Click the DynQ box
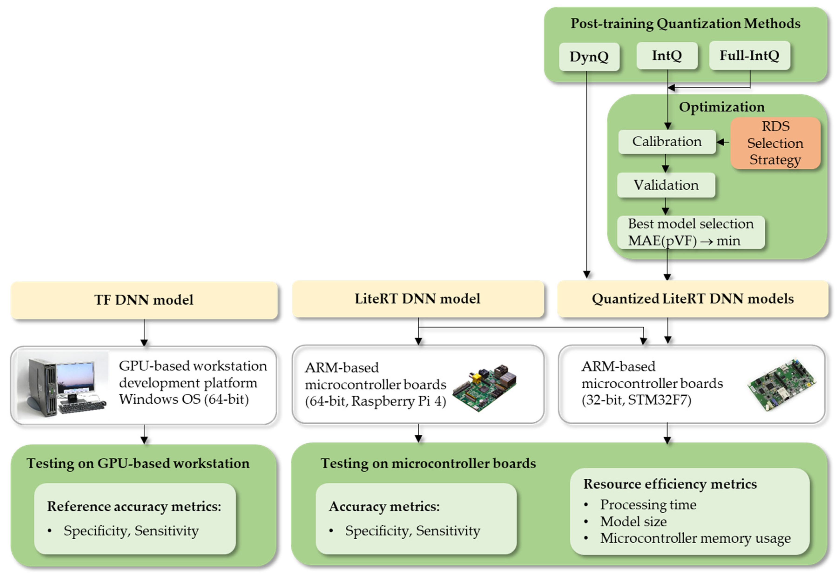(589, 57)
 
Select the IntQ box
(667, 55)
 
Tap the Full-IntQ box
(749, 55)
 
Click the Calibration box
(667, 142)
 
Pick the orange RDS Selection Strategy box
(775, 143)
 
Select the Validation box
(666, 185)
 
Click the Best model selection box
(690, 232)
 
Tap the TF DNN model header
(144, 300)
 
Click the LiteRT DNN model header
(417, 299)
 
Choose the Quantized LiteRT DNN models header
(692, 299)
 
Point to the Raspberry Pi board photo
(485, 387)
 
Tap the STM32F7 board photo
(781, 385)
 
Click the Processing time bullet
(648, 504)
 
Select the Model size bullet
(633, 521)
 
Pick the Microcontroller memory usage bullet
(695, 538)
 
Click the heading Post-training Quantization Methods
(685, 24)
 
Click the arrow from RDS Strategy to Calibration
(723, 142)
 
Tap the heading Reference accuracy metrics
(134, 506)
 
